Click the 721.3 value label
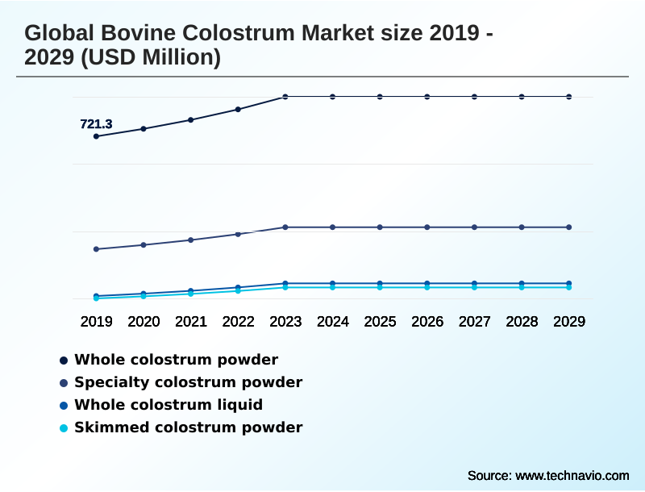pyautogui.click(x=96, y=124)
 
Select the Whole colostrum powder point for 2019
pyautogui.click(x=96, y=136)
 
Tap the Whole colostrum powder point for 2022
pyautogui.click(x=238, y=109)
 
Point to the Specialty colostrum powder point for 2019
pyautogui.click(x=96, y=249)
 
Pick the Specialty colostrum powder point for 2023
pyautogui.click(x=285, y=227)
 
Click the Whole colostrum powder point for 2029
pyautogui.click(x=569, y=97)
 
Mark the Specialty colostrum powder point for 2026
pyautogui.click(x=427, y=227)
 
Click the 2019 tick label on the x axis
pyautogui.click(x=96, y=321)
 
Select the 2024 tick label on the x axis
pyautogui.click(x=333, y=321)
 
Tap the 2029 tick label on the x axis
pyautogui.click(x=569, y=321)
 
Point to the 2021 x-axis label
pyautogui.click(x=191, y=321)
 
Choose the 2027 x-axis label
pyautogui.click(x=474, y=321)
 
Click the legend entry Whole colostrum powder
pyautogui.click(x=176, y=360)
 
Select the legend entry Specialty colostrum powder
pyautogui.click(x=188, y=382)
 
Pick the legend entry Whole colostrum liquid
pyautogui.click(x=169, y=405)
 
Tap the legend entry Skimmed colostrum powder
pyautogui.click(x=188, y=427)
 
